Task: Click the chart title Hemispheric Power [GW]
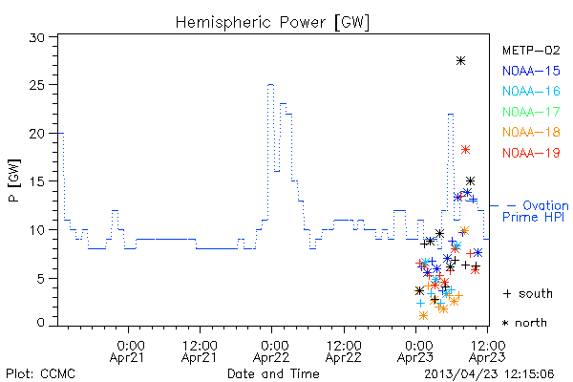point(272,23)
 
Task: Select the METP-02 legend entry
point(531,51)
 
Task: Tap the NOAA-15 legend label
point(531,71)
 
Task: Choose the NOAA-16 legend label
point(531,91)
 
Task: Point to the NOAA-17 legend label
point(531,112)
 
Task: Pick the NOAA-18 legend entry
point(531,132)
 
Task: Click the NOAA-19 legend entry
point(531,153)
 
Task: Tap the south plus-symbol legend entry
point(528,293)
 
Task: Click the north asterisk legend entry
point(524,323)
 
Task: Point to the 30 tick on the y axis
point(37,37)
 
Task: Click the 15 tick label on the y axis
point(37,181)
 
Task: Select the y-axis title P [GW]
point(14,180)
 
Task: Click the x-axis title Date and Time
point(273,373)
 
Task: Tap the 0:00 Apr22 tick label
point(271,351)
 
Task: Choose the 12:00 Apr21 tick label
point(200,351)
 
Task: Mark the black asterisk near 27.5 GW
point(461,61)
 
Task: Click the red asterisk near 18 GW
point(465,150)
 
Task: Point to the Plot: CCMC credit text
point(40,373)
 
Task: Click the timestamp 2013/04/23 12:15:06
point(489,374)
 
